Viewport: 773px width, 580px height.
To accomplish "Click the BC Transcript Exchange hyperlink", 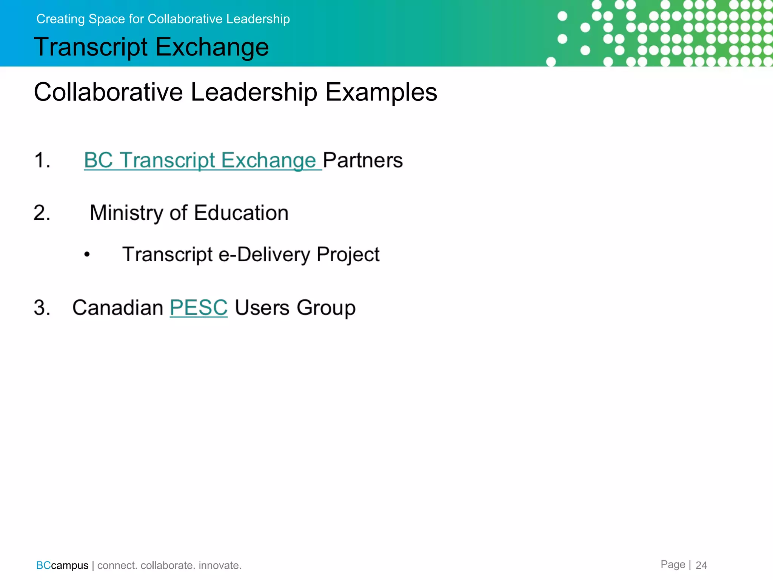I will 200,160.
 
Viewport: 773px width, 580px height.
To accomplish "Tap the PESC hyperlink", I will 199,307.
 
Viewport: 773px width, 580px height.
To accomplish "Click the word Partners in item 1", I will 363,160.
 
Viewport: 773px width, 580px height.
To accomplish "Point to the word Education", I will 241,213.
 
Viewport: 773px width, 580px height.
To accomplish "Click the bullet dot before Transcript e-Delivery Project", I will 87,255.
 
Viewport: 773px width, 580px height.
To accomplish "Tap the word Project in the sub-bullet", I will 348,255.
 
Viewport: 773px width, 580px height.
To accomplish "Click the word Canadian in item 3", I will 117,307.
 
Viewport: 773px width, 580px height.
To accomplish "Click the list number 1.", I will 42,160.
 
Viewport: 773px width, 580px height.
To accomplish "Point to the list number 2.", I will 42,213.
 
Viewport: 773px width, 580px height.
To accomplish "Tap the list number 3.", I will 42,307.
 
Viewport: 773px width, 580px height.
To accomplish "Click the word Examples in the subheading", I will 381,92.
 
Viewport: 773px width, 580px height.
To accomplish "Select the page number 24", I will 701,565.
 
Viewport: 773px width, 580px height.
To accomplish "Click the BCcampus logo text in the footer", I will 62,565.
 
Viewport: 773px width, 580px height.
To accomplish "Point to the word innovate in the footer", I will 220,565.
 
